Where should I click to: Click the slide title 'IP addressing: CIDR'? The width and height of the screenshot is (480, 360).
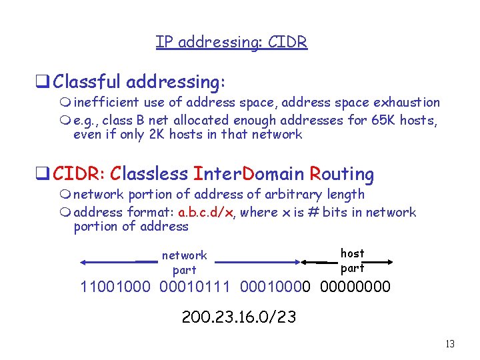click(231, 42)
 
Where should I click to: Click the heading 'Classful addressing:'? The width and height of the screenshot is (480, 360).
click(139, 82)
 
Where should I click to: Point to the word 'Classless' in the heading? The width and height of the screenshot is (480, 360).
click(149, 174)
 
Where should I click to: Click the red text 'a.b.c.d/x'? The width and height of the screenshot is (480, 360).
click(206, 213)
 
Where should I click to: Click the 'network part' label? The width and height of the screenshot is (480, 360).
click(185, 262)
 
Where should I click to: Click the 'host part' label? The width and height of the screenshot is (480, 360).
click(353, 261)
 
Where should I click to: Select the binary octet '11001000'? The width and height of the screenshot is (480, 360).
click(115, 288)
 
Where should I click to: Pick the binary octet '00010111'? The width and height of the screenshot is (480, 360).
click(195, 288)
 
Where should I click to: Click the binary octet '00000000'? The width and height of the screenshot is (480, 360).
click(355, 288)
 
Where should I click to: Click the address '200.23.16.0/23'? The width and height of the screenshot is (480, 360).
click(239, 317)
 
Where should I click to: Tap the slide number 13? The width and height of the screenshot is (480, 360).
click(450, 345)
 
